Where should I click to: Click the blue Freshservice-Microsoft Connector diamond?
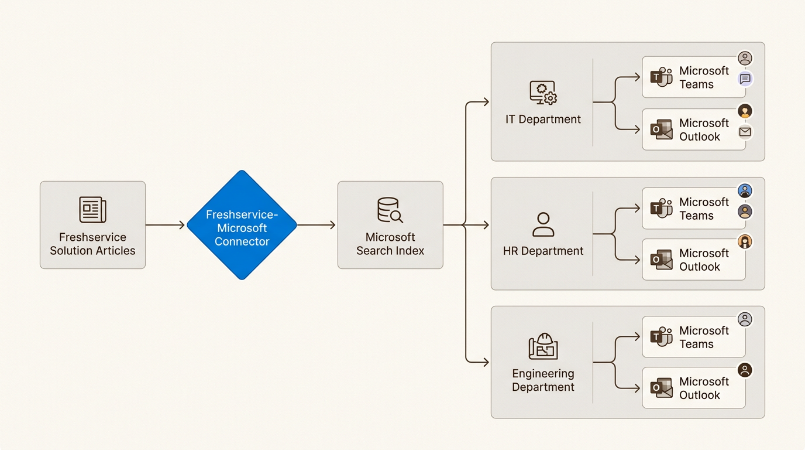(x=242, y=225)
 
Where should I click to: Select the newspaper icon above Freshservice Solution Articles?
(x=92, y=210)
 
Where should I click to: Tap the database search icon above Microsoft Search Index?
(x=390, y=210)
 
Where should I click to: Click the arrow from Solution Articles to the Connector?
(x=166, y=225)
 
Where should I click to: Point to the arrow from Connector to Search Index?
(x=317, y=225)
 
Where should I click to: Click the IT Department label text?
(x=543, y=120)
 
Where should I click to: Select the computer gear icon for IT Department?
(x=543, y=93)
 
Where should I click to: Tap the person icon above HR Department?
(x=543, y=224)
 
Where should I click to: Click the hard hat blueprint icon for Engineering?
(x=543, y=346)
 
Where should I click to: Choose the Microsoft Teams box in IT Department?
(x=693, y=77)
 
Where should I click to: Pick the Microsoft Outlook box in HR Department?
(x=693, y=260)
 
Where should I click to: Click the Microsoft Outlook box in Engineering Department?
(x=693, y=388)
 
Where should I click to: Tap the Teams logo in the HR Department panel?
(x=662, y=208)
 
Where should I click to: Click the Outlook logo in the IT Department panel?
(x=662, y=129)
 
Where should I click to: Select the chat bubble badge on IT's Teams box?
(x=745, y=79)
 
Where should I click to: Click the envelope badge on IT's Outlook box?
(x=745, y=132)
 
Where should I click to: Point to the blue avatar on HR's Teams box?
(x=745, y=190)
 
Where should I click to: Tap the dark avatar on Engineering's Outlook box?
(x=745, y=370)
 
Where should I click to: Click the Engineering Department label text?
(x=543, y=380)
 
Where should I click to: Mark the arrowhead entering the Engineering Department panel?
(x=485, y=362)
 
